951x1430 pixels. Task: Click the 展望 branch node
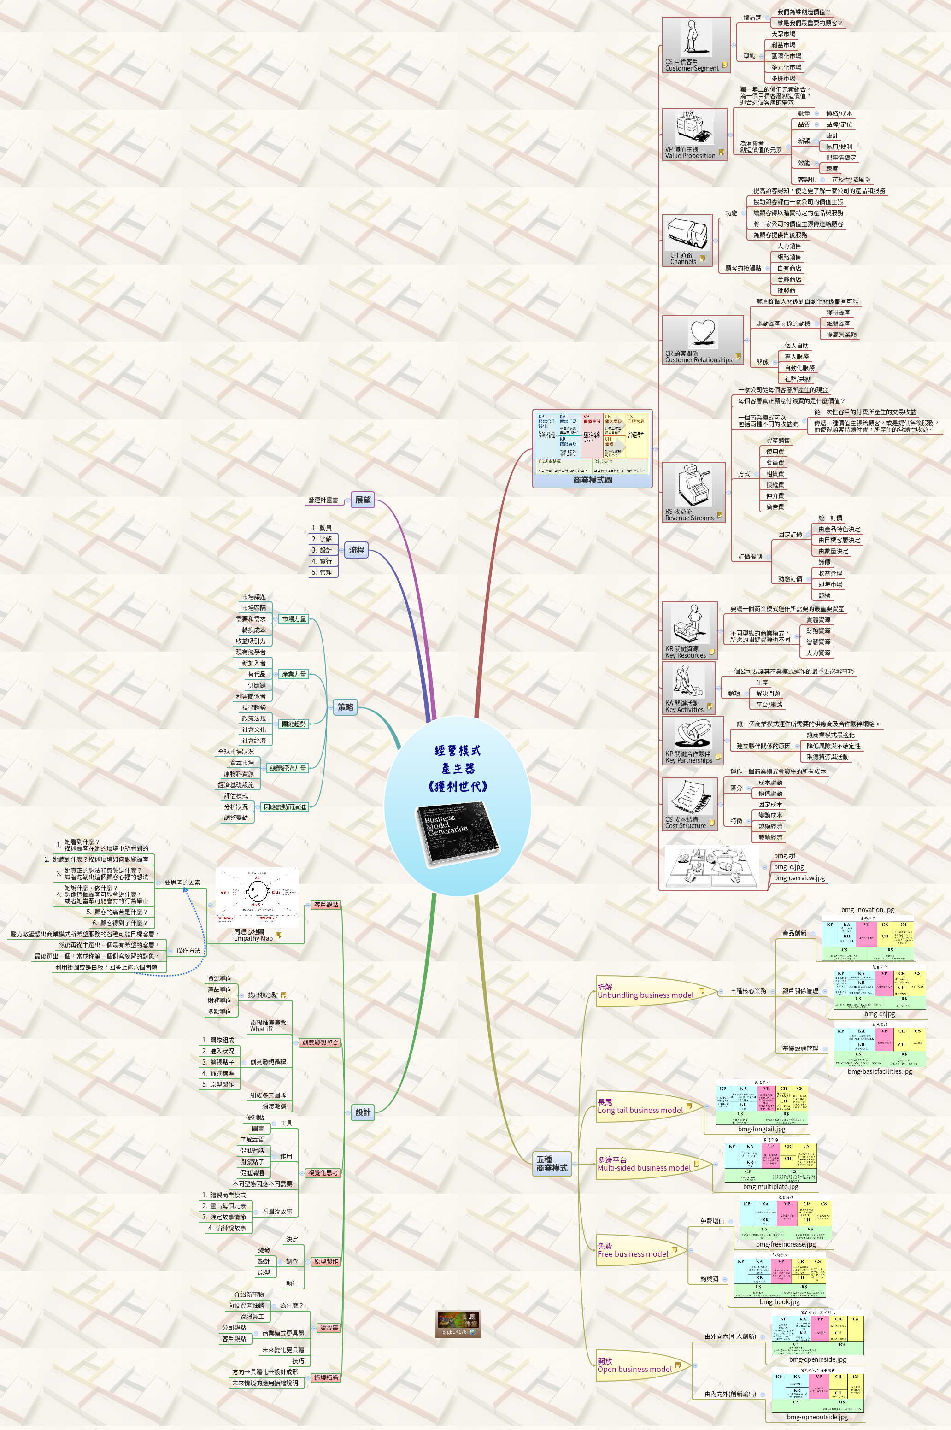click(363, 500)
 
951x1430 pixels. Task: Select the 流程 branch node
click(357, 550)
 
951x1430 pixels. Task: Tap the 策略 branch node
click(345, 706)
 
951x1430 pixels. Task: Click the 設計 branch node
click(363, 1112)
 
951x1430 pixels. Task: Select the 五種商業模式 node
click(552, 1163)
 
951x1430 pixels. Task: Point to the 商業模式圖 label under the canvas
click(592, 480)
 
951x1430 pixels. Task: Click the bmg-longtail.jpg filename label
click(761, 1129)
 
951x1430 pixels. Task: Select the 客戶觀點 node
click(326, 905)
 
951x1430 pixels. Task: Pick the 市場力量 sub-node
click(294, 619)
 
